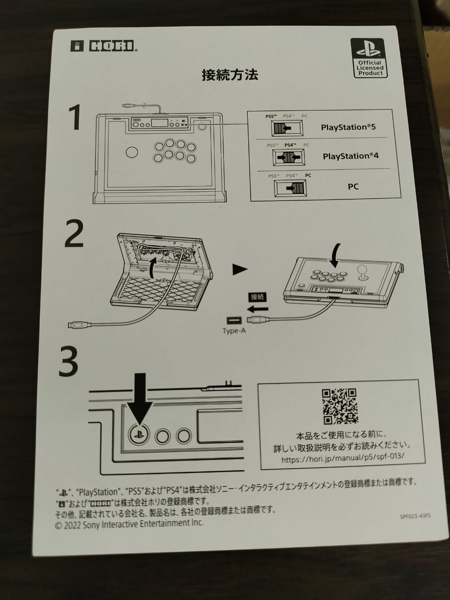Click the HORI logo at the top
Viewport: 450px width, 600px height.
[x=104, y=46]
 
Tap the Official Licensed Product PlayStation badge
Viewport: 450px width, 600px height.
[x=369, y=58]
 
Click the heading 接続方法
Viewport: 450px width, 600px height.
[x=230, y=75]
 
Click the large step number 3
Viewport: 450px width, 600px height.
[x=68, y=362]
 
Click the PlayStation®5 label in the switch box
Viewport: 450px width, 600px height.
[x=348, y=127]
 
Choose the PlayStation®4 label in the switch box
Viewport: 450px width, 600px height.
[x=351, y=156]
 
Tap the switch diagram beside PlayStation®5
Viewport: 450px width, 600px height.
[x=287, y=128]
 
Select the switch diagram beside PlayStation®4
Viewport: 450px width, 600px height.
[x=289, y=157]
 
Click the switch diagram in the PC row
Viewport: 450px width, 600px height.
[x=290, y=188]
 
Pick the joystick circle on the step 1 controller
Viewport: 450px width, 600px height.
[x=132, y=152]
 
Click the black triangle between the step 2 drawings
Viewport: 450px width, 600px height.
[x=240, y=270]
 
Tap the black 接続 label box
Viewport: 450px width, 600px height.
[x=257, y=297]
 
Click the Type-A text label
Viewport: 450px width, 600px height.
[x=234, y=331]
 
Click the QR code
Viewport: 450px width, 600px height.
[x=340, y=406]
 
